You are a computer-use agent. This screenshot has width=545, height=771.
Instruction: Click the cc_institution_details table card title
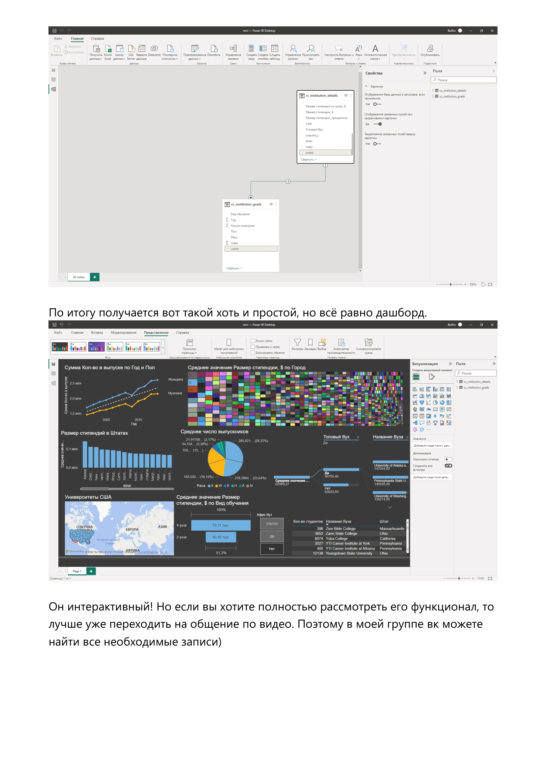(321, 96)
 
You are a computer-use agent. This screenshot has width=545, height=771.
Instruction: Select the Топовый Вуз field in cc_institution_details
(314, 130)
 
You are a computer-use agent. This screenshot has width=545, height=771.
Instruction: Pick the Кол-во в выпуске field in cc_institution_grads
(242, 226)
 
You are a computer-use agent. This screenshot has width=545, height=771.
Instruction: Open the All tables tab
(79, 277)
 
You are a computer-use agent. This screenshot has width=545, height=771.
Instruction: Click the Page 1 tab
(77, 571)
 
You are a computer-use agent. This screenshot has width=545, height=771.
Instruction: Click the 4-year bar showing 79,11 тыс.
(221, 525)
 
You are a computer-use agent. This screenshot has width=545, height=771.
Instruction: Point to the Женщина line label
(175, 379)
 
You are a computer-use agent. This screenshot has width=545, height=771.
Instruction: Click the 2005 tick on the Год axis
(106, 420)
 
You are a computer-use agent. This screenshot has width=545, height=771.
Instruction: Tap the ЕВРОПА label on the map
(132, 530)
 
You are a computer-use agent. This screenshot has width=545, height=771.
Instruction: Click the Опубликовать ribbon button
(430, 51)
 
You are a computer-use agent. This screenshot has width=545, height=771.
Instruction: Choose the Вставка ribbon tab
(97, 333)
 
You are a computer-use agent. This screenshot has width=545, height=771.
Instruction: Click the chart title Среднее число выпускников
(214, 432)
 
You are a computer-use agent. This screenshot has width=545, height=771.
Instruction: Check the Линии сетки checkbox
(253, 341)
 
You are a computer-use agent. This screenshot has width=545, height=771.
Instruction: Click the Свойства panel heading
(374, 73)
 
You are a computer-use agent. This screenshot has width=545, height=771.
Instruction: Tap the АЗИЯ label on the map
(162, 526)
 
